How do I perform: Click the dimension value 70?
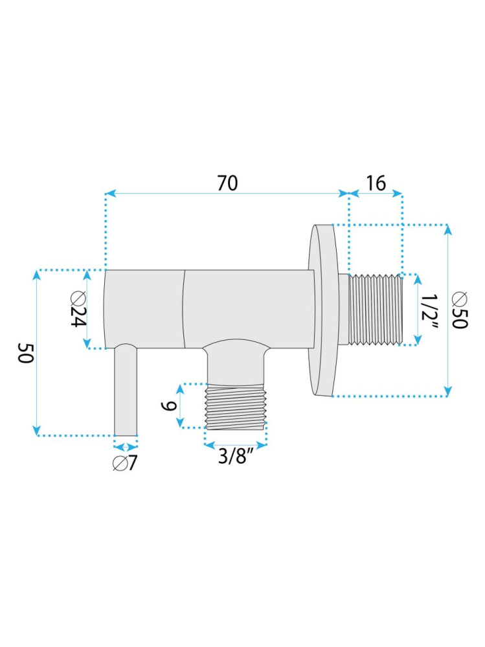[227, 183]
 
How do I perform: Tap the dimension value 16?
[376, 183]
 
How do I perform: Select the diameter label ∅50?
[460, 310]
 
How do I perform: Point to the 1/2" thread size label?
[429, 310]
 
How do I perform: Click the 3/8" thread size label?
[234, 457]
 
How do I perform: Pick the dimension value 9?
[167, 406]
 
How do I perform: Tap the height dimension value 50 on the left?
[24, 353]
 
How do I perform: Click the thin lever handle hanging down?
[126, 392]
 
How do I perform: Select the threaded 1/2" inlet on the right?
[376, 309]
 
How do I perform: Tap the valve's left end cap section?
[144, 308]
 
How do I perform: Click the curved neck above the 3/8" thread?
[236, 360]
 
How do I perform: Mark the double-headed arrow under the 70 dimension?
[227, 193]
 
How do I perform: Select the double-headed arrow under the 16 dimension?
[376, 193]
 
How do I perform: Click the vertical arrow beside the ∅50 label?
[447, 310]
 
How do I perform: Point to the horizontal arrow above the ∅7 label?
[126, 446]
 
